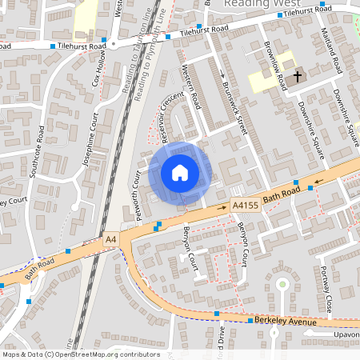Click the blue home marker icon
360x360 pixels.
[179, 172]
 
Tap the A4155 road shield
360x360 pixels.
[245, 206]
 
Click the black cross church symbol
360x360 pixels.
[298, 77]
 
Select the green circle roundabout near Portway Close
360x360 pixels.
[282, 284]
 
